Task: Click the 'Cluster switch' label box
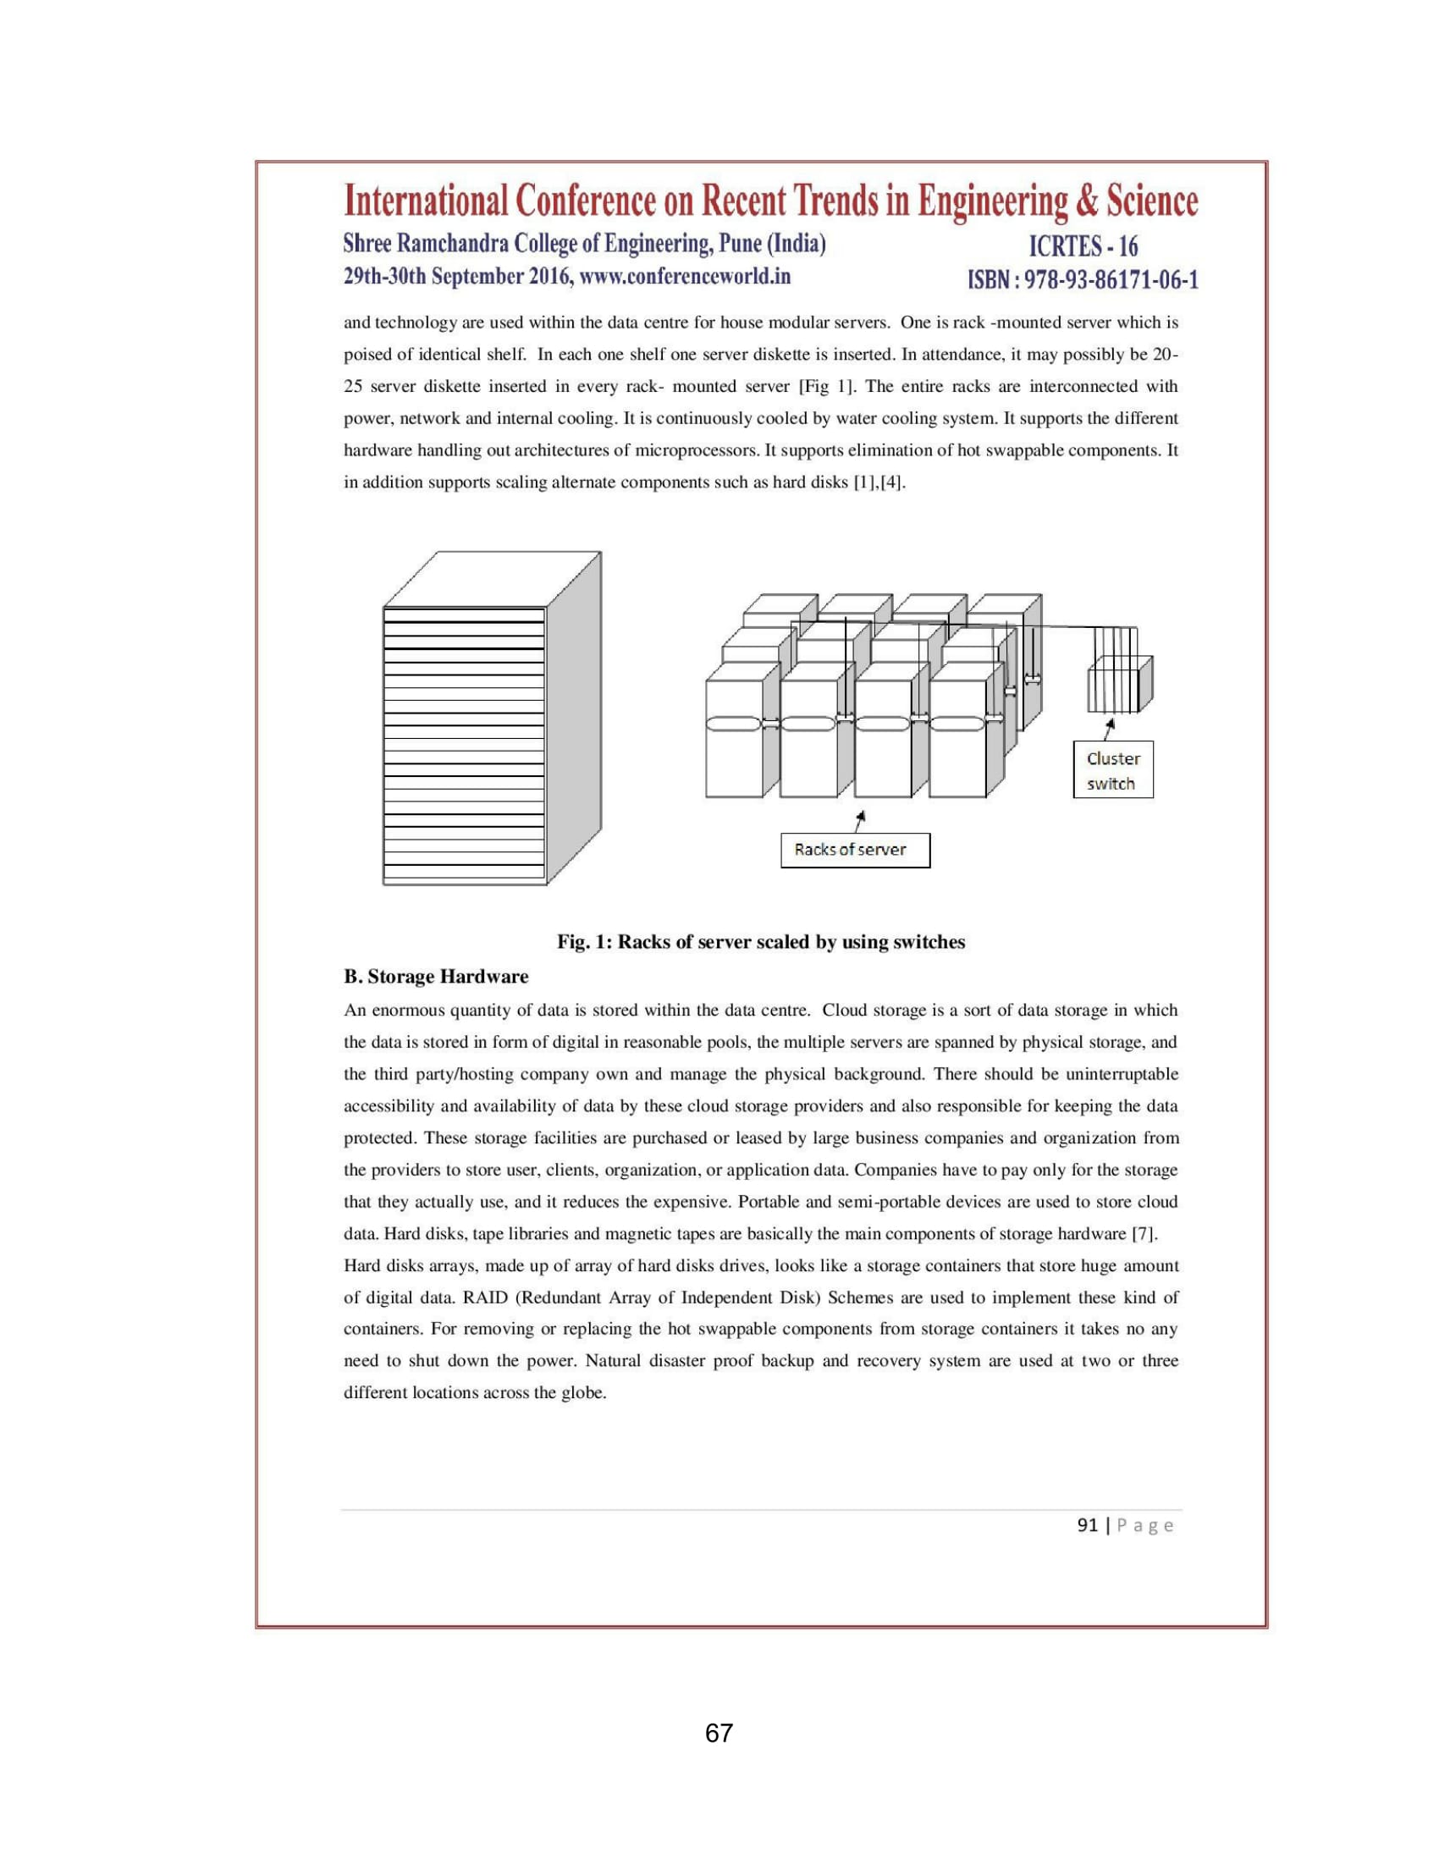pos(1112,771)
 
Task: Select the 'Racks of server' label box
pos(854,850)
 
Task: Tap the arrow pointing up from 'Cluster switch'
pos(1107,730)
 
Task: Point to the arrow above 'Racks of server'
pos(861,820)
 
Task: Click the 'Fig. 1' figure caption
pos(760,942)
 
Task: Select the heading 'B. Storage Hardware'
pos(436,976)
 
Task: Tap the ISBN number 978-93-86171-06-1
pos(1111,279)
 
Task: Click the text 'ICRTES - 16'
pos(1083,246)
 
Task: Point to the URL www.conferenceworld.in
pos(685,276)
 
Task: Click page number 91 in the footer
pos(1087,1525)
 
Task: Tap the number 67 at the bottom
pos(719,1733)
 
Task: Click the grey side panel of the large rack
pos(574,716)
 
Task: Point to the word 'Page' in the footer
pos(1145,1525)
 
